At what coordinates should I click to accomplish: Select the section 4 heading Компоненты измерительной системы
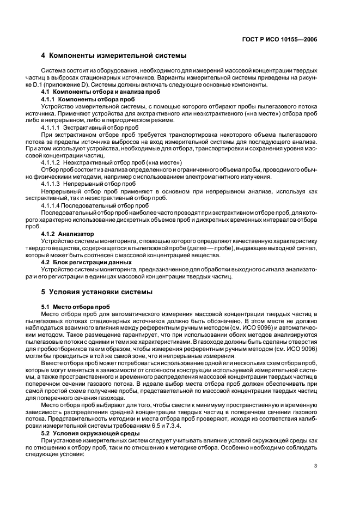tap(114, 56)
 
